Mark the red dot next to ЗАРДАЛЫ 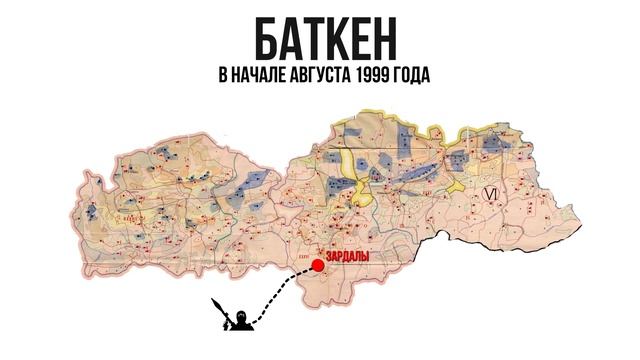[318, 265]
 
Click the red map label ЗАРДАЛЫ [349, 258]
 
